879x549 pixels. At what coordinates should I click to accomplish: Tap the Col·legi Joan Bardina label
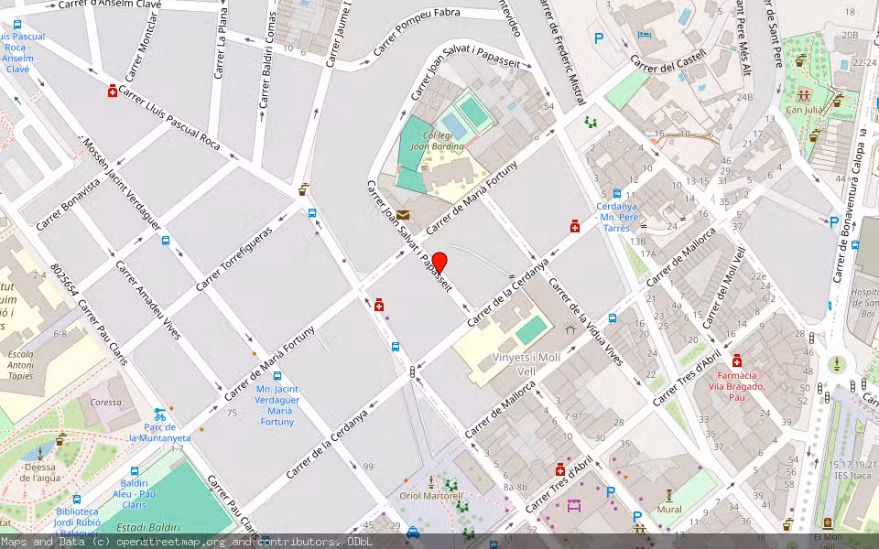click(x=437, y=140)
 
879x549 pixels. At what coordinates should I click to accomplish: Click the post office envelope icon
click(x=404, y=214)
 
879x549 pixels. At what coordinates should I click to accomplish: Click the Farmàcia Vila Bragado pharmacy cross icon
click(x=737, y=361)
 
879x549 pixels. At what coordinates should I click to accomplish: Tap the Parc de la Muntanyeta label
click(x=159, y=432)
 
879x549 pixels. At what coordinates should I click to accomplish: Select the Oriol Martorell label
click(x=431, y=496)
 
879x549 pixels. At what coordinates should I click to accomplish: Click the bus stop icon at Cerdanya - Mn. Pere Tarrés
click(x=617, y=194)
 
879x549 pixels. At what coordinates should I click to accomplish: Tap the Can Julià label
click(x=804, y=109)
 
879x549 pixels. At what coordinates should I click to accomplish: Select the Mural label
click(x=668, y=509)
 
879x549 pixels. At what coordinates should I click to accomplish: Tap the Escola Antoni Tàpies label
click(x=20, y=364)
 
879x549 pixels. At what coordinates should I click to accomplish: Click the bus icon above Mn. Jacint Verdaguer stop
click(x=277, y=375)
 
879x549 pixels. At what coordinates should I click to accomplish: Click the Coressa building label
click(x=105, y=401)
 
